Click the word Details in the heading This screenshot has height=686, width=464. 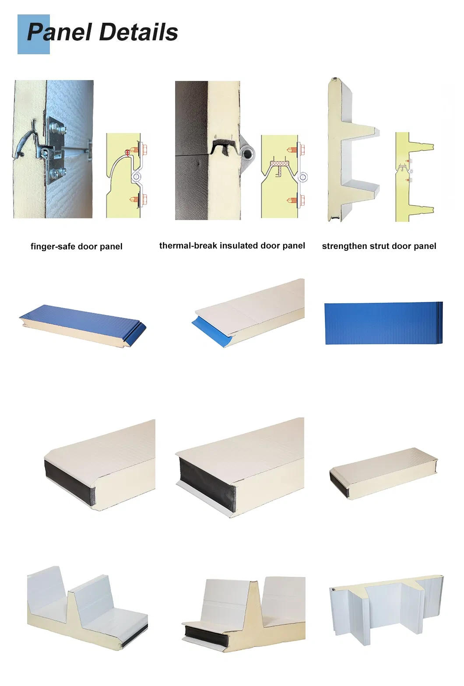[x=138, y=32]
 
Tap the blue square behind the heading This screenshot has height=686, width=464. [x=34, y=34]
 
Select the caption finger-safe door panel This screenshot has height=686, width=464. [x=76, y=247]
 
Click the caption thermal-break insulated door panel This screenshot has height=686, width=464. [x=232, y=245]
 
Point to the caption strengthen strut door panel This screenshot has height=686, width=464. [x=379, y=246]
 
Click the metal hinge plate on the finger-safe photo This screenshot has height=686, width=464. [x=55, y=150]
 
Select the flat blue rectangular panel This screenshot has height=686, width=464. [x=384, y=323]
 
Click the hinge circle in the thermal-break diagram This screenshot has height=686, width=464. [x=304, y=177]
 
